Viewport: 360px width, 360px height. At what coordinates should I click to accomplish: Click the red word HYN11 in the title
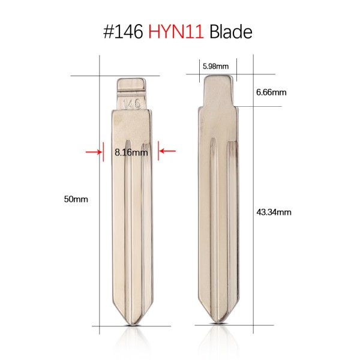[x=176, y=32]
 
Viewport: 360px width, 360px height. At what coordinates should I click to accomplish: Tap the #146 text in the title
[x=123, y=32]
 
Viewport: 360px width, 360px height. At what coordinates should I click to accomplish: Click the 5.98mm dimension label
[x=215, y=67]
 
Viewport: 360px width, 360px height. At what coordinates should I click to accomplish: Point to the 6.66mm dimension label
[x=271, y=92]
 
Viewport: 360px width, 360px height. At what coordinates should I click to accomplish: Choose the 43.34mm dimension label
[x=274, y=212]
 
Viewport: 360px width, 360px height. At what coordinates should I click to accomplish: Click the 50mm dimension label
[x=76, y=199]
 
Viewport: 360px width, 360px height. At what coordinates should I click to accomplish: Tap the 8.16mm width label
[x=131, y=152]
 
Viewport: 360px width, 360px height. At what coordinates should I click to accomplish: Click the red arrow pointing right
[x=94, y=152]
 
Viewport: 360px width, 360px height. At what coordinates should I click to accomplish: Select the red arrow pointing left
[x=167, y=151]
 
